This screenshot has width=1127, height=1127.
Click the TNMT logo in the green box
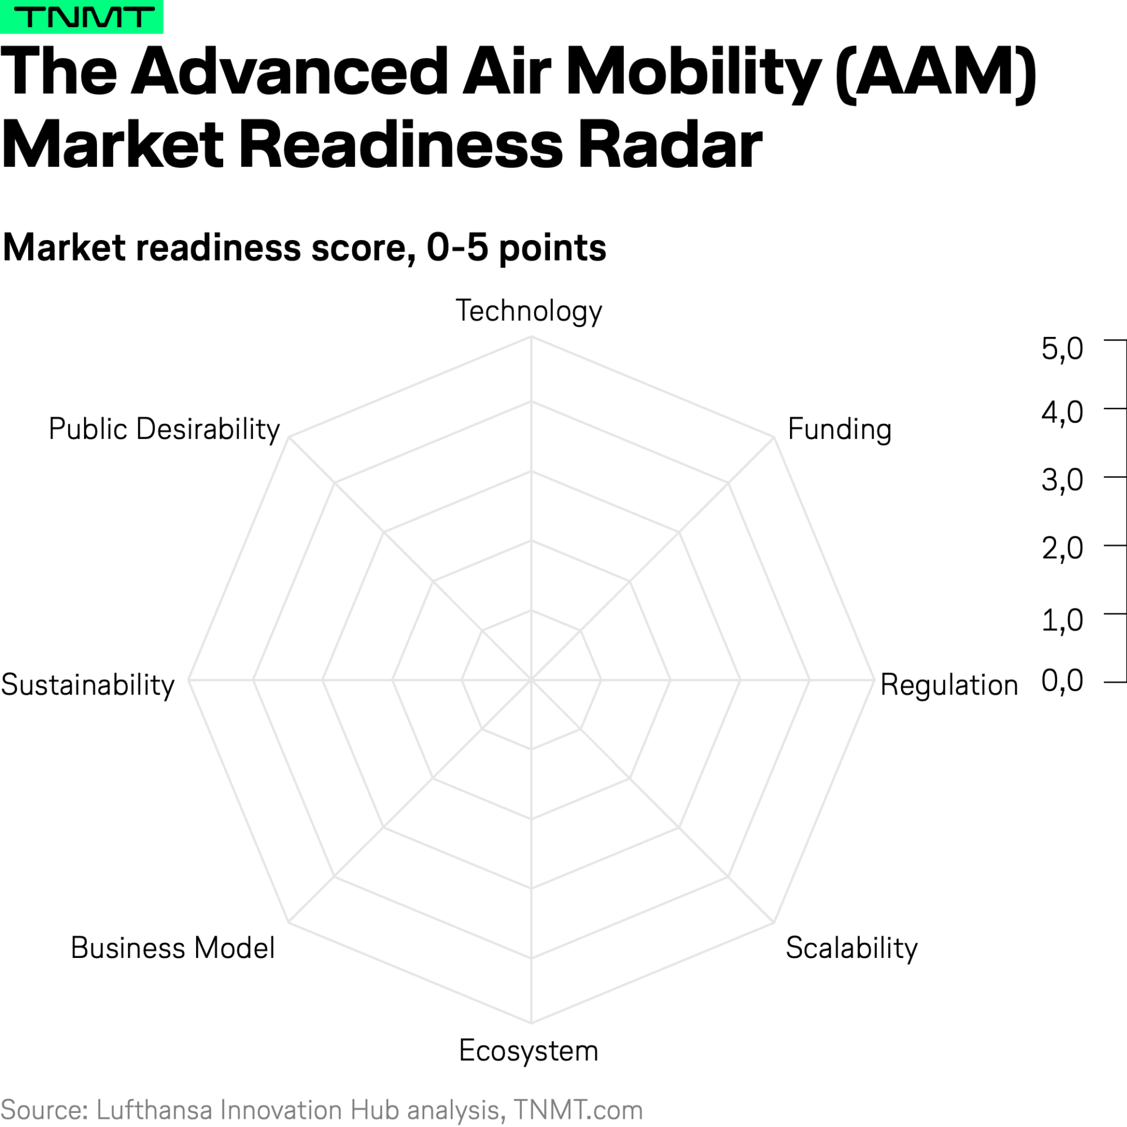82,17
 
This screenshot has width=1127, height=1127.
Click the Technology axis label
529,311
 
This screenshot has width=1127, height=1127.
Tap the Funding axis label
839,429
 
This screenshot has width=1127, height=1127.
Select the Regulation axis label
949,685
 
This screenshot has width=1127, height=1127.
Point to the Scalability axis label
851,948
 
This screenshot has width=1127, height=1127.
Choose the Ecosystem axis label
528,1051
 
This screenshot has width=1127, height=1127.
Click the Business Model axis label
173,948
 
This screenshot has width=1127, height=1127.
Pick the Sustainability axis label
87,685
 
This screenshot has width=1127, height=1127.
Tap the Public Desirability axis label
164,429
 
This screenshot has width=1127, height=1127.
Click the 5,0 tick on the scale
1062,349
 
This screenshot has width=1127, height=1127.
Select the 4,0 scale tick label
1062,413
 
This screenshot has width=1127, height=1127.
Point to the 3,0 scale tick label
1062,480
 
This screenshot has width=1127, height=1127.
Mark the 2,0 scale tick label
1062,549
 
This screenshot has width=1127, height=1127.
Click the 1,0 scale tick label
1062,620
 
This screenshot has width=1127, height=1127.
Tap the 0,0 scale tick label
1062,681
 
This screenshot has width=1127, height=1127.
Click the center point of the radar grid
531,680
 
